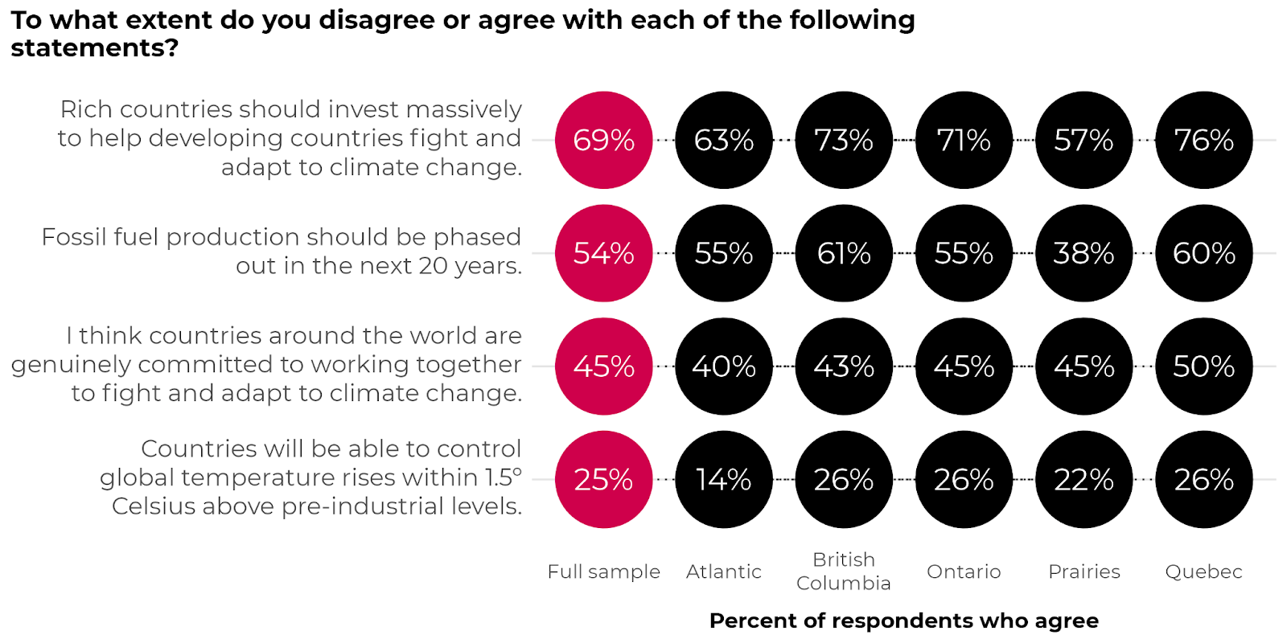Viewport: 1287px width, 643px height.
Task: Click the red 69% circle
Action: click(x=603, y=140)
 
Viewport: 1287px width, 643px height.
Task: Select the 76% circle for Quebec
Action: click(x=1203, y=140)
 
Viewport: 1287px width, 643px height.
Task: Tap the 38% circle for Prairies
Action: click(x=1083, y=253)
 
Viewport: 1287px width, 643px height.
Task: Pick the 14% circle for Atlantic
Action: click(x=723, y=480)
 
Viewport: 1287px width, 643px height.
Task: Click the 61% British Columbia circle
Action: click(x=843, y=253)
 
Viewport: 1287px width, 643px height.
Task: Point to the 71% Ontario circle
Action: click(x=964, y=140)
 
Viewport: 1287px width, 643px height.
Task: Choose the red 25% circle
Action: click(x=603, y=480)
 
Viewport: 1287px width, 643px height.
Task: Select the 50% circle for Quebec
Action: click(x=1203, y=367)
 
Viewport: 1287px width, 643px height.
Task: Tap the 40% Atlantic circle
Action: click(x=723, y=367)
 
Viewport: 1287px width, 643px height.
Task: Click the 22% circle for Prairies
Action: click(x=1083, y=480)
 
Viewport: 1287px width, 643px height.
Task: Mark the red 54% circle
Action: click(x=603, y=253)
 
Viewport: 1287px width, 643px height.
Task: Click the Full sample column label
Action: click(x=603, y=571)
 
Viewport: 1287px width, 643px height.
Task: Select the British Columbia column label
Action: click(x=843, y=571)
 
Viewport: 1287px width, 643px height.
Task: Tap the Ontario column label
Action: click(x=964, y=571)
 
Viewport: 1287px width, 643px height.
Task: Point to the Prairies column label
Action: click(x=1083, y=571)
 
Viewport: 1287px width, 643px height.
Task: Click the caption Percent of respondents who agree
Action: click(x=903, y=620)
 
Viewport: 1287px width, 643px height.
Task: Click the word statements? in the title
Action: click(x=94, y=48)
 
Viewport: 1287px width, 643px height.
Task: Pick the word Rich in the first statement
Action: click(x=86, y=109)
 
